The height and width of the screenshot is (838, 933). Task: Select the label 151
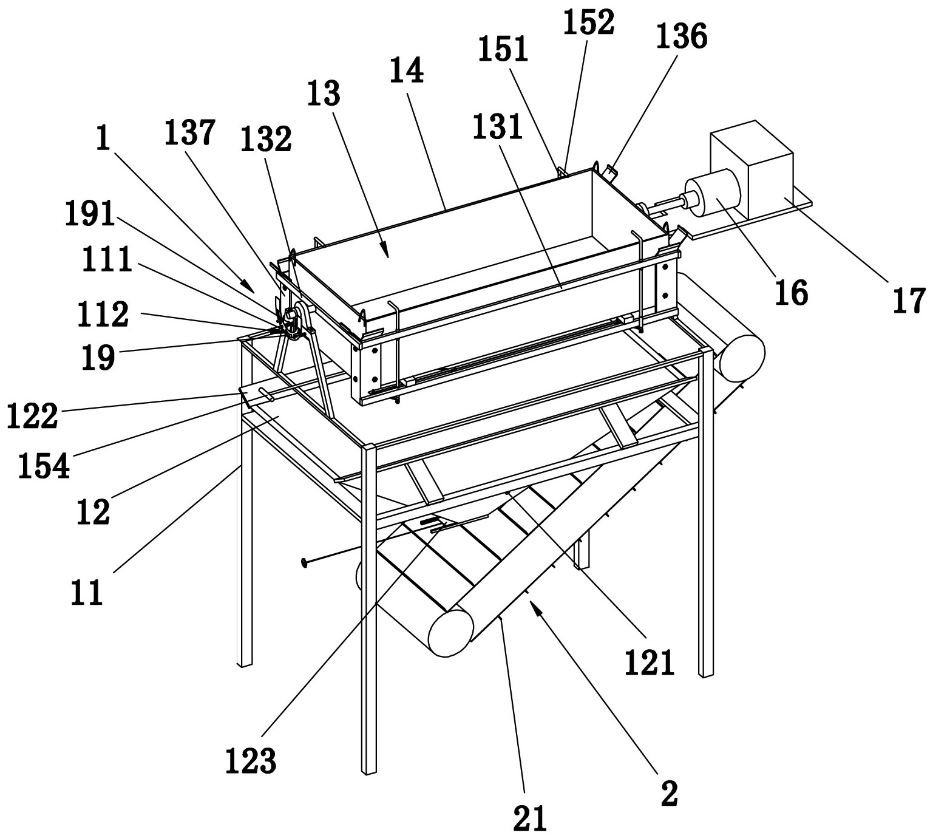coord(503,50)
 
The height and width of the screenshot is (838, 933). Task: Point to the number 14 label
coord(406,72)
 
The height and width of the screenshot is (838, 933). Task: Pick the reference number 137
coord(190,133)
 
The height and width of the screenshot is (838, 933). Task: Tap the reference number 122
coord(32,417)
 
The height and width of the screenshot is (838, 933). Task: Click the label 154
coord(44,466)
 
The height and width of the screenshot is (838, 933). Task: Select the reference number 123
coord(250,760)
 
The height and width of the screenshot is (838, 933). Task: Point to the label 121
coord(649,662)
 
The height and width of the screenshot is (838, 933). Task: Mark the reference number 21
coord(529,817)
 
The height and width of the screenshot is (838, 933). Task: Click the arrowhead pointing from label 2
coord(535,604)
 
